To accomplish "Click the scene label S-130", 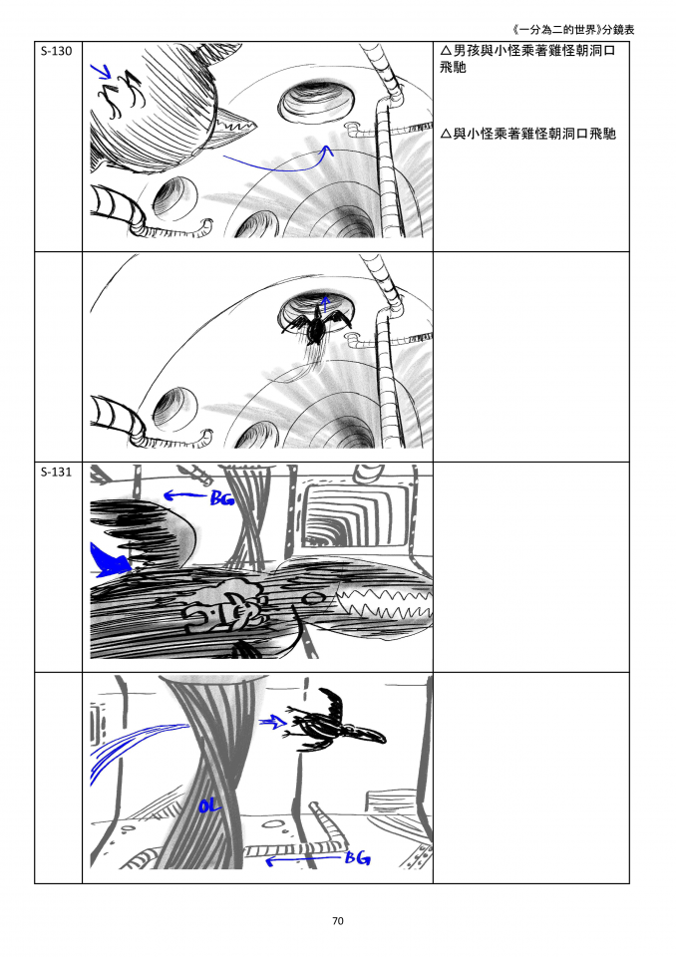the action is coord(56,51).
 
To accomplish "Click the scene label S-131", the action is coord(56,472).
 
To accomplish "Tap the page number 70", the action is coord(338,920).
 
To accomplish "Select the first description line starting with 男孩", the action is coord(527,59).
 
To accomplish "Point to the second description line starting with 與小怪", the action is coord(528,134).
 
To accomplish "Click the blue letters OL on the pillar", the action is coord(208,805).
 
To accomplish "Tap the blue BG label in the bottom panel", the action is coord(357,857).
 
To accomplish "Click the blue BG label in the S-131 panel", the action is coord(221,498).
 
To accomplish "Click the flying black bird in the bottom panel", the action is coord(335,720).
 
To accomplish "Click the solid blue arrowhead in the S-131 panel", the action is coord(109,559).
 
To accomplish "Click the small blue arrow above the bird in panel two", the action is coord(325,301).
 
